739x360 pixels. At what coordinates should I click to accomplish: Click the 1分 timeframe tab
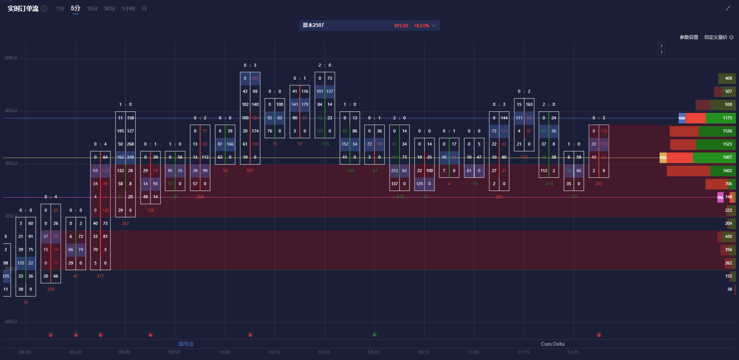pos(60,8)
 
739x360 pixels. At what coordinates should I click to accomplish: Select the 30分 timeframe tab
pos(109,8)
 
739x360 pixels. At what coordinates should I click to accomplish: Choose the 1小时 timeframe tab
pos(129,8)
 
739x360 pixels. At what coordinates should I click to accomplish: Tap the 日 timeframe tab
pos(144,8)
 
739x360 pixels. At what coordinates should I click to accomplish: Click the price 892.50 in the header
pos(401,26)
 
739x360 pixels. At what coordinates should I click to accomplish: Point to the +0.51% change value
pos(421,26)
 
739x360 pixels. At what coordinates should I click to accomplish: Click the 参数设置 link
pos(689,37)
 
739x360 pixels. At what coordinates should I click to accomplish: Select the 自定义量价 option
pos(716,37)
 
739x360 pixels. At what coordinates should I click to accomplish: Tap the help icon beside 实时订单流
pos(44,8)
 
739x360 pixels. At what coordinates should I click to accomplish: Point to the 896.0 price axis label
pos(12,58)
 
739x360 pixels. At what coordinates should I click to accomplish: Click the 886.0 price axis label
pos(12,321)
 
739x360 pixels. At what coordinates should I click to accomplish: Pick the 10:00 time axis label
pos(224,352)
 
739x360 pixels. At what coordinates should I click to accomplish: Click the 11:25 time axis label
pos(573,352)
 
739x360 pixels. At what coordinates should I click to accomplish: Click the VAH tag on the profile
pos(682,118)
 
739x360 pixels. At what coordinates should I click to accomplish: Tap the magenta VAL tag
pos(720,198)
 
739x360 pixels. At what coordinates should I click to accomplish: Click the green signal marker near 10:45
pos(375,335)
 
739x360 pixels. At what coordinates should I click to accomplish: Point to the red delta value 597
pos(250,171)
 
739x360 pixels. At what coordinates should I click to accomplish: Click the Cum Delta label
pos(553,344)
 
